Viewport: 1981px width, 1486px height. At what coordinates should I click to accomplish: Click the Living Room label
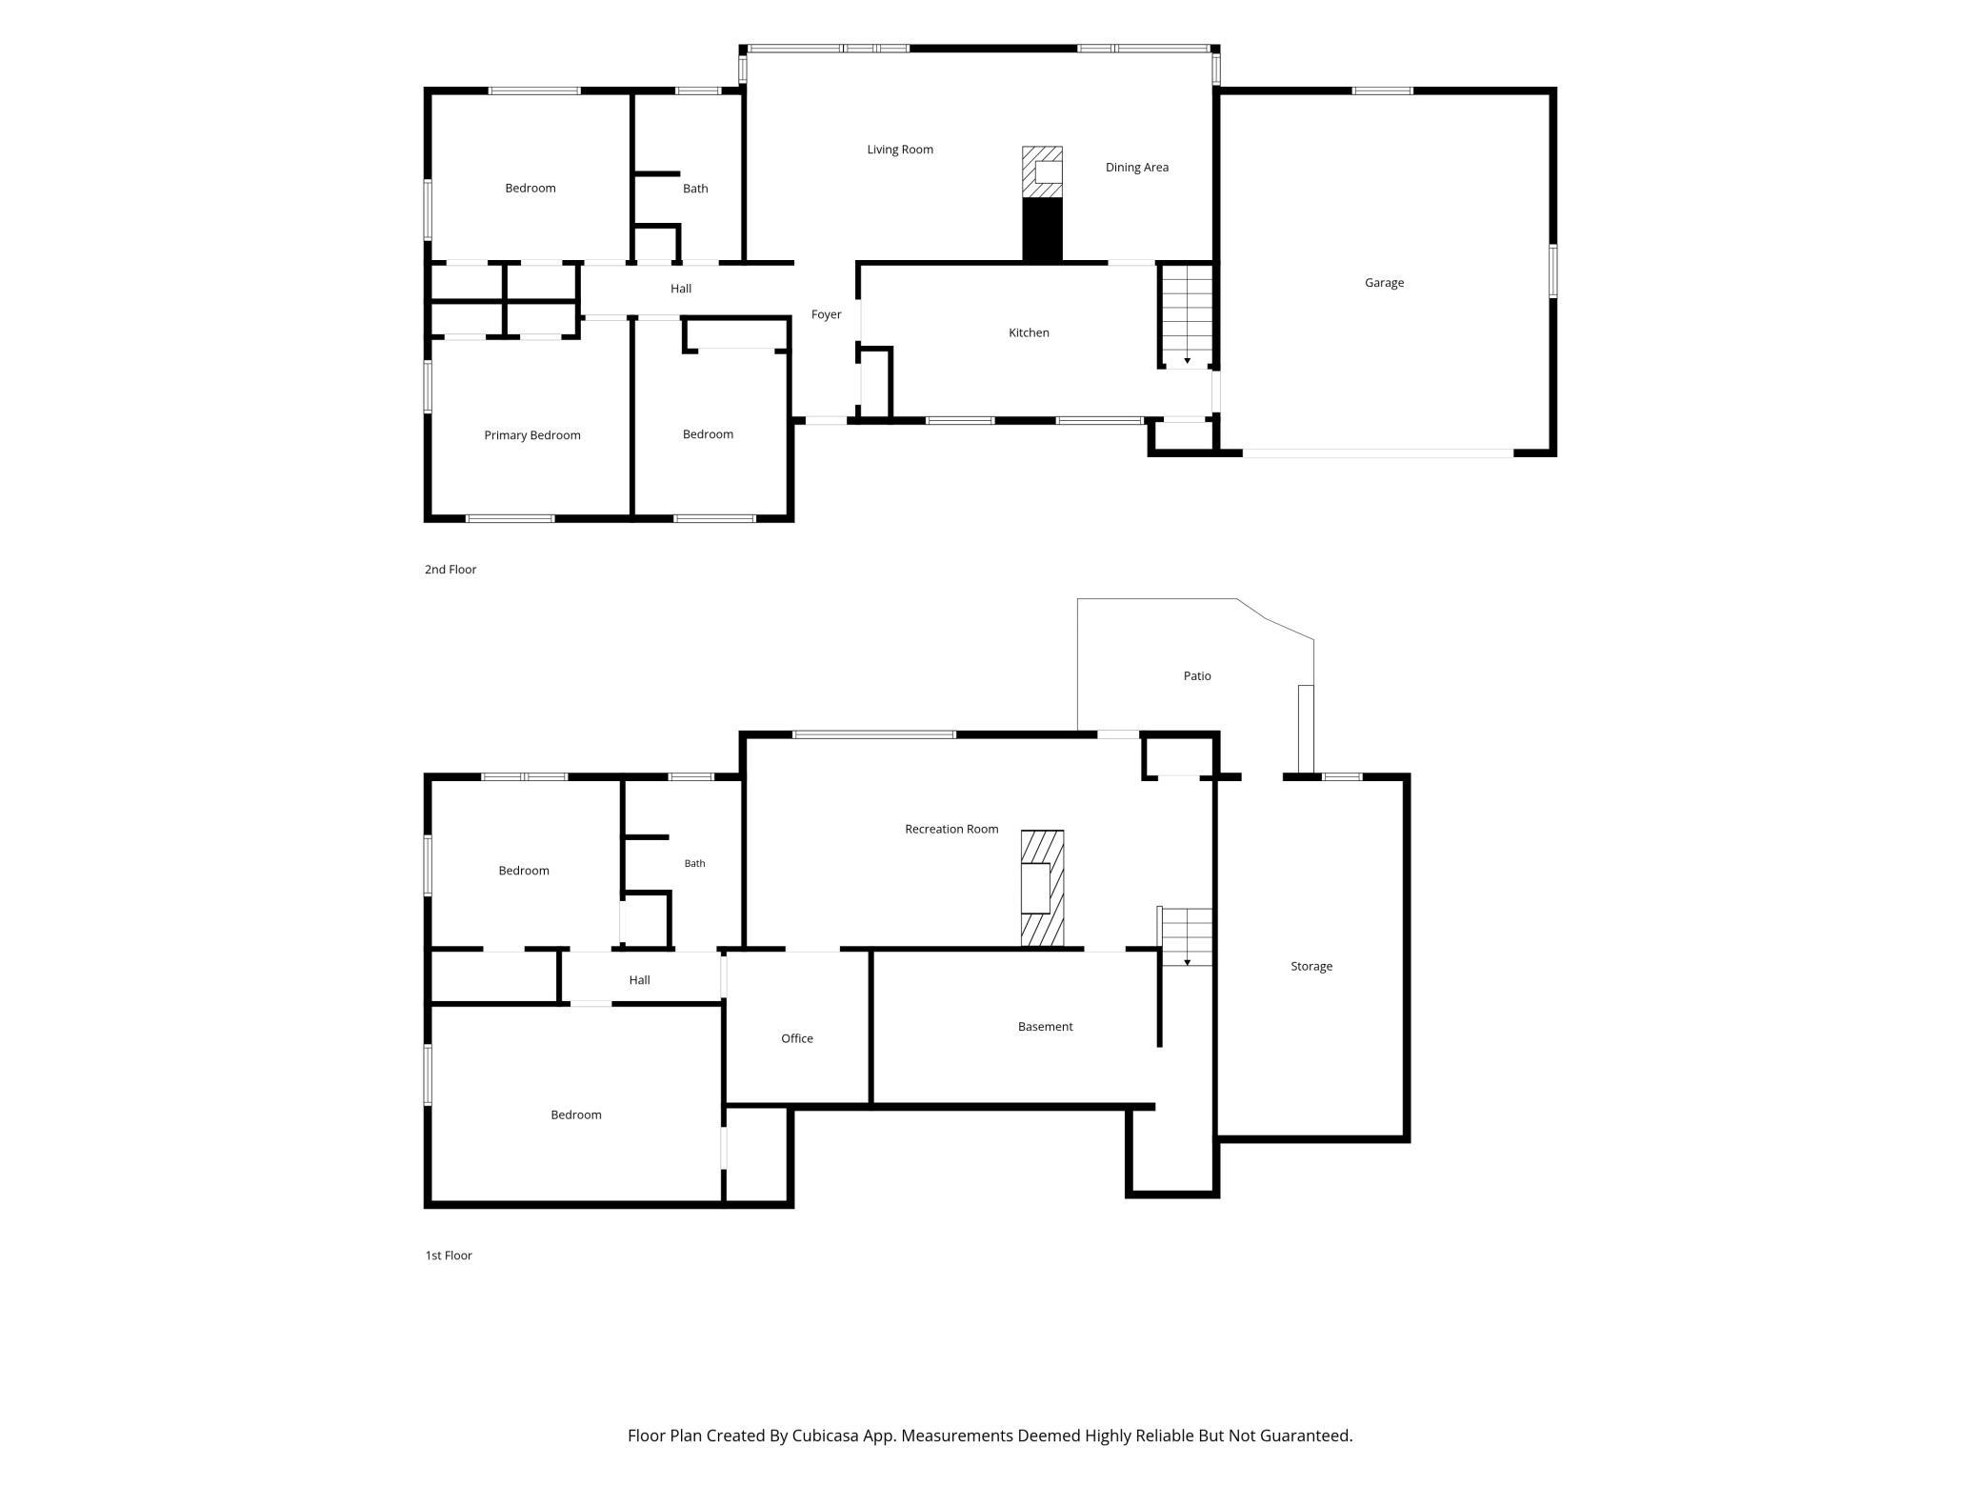point(900,150)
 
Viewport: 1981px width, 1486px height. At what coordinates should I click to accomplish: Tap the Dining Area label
point(1137,168)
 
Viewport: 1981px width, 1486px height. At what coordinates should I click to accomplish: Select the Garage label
point(1384,283)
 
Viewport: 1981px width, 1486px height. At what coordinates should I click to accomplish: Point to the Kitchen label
point(1029,332)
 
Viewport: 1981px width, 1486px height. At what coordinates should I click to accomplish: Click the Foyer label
point(826,314)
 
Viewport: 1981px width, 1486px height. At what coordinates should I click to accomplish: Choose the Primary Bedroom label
point(532,435)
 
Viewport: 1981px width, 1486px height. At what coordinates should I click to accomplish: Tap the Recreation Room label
point(951,829)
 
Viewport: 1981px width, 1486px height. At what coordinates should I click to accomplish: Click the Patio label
point(1197,675)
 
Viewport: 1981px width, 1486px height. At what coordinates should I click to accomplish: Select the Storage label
point(1311,966)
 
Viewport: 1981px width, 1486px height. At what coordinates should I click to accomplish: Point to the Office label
point(797,1038)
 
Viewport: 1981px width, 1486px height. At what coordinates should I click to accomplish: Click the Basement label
point(1045,1026)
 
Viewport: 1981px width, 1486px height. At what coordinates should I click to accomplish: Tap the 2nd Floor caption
point(450,570)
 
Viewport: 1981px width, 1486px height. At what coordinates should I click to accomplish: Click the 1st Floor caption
point(449,1255)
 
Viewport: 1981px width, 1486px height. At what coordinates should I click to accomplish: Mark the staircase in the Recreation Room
point(1186,937)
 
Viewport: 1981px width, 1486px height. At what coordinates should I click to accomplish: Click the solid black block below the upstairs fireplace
point(1042,230)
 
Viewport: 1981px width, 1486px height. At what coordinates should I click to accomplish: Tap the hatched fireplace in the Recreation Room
point(1042,889)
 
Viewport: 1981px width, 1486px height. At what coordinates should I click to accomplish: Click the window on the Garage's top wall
point(1382,91)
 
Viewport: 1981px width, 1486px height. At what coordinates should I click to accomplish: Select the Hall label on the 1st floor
point(639,980)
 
